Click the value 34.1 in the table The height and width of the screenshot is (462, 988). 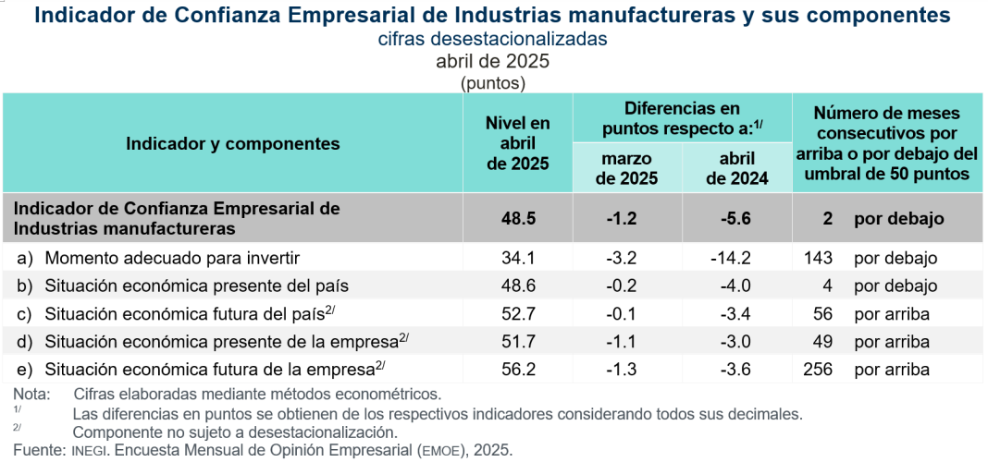(x=517, y=259)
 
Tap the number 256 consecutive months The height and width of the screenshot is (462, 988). (x=819, y=370)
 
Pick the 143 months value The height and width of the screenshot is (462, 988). (x=819, y=259)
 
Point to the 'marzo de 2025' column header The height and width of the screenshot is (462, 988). (x=627, y=168)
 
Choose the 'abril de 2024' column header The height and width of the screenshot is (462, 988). (x=736, y=168)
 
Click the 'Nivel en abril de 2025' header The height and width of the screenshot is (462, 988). (x=517, y=143)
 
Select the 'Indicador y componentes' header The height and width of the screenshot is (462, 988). (x=233, y=143)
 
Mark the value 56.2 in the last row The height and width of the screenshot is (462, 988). (x=517, y=370)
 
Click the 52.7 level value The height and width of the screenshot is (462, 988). (x=517, y=314)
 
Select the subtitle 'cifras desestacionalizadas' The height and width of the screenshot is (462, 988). (x=492, y=39)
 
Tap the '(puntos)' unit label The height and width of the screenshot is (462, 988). (x=492, y=82)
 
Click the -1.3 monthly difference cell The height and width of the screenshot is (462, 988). (x=627, y=370)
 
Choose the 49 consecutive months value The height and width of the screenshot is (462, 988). (x=821, y=342)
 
